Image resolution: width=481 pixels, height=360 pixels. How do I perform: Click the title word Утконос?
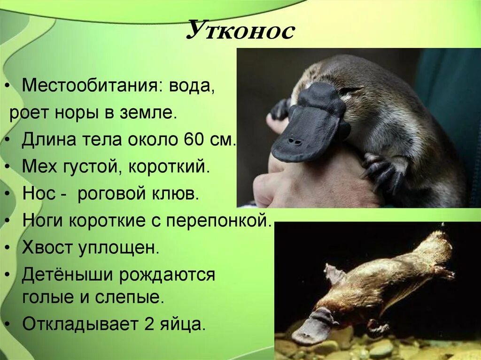[240, 31]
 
